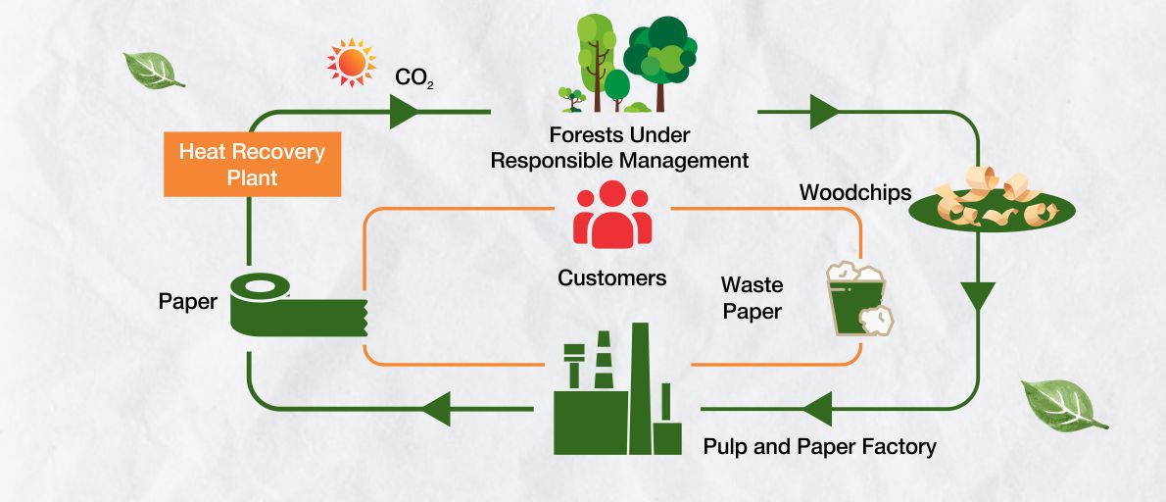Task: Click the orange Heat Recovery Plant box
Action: click(252, 165)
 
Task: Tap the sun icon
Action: click(351, 63)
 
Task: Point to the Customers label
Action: click(612, 277)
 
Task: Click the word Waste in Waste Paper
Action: click(752, 285)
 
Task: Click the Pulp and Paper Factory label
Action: click(819, 447)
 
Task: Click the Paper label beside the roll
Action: click(187, 302)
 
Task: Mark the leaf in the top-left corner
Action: click(153, 71)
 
